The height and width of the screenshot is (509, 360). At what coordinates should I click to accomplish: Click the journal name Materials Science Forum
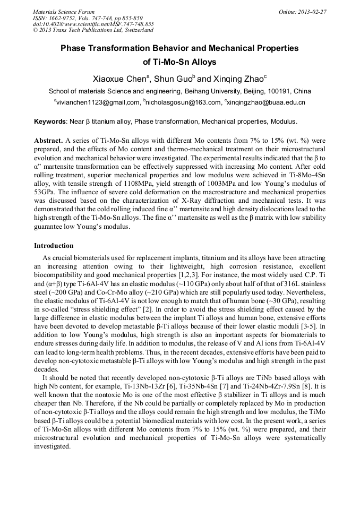[x=64, y=11]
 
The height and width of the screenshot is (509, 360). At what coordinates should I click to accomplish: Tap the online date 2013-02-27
[x=312, y=11]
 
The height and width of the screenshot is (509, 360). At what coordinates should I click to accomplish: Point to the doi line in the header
[x=93, y=24]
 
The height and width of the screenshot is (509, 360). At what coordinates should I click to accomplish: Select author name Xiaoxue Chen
[x=120, y=78]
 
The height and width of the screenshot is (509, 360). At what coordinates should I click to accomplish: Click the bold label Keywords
[x=50, y=122]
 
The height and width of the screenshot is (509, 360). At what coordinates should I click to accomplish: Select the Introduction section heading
[x=54, y=246]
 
